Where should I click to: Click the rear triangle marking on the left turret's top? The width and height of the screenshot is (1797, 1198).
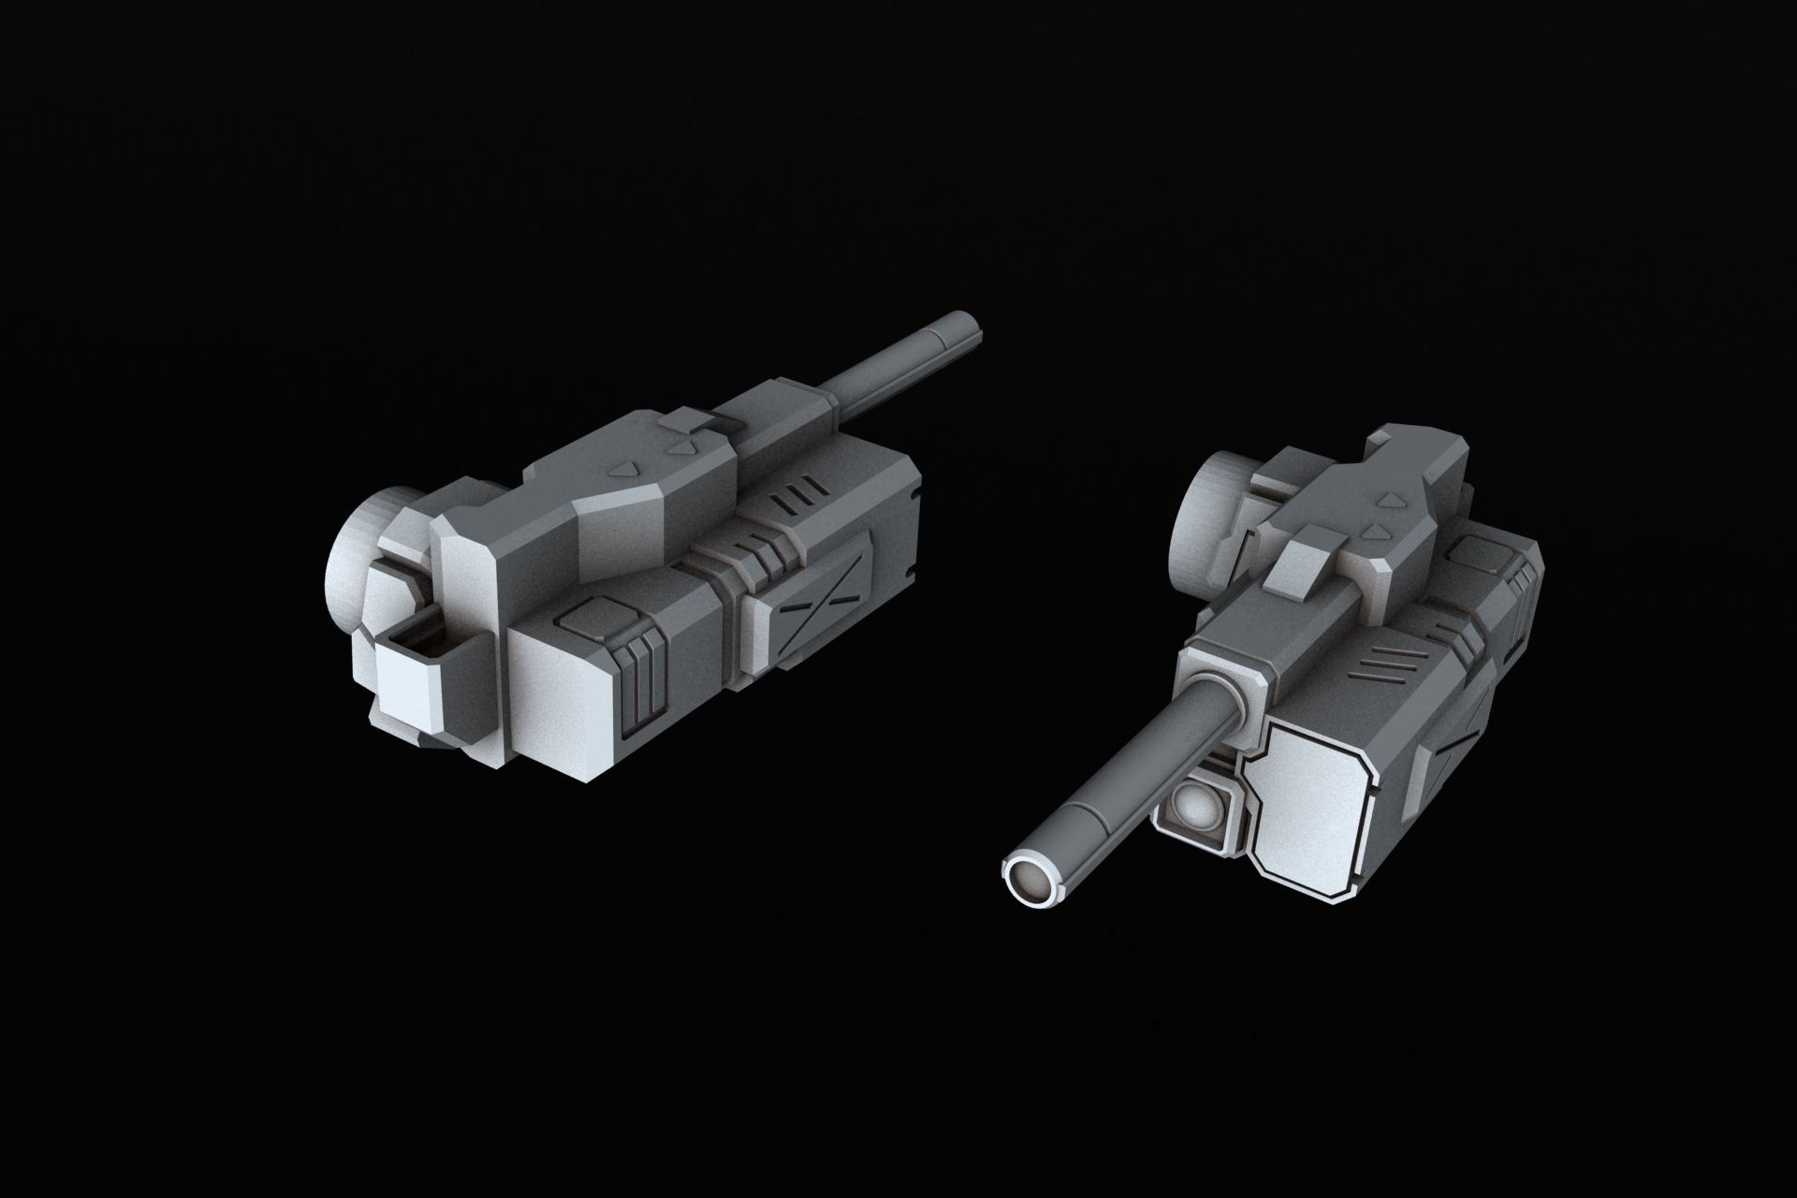623,466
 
